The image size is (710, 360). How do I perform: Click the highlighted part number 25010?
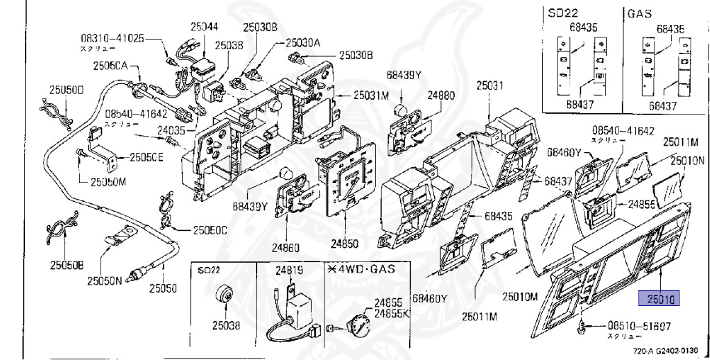click(x=659, y=299)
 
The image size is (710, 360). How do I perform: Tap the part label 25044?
click(x=205, y=27)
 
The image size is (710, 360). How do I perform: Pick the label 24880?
click(x=441, y=96)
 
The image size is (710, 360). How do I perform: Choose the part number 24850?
click(x=345, y=243)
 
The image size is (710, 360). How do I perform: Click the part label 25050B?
click(x=66, y=265)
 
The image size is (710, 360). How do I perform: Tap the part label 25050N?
click(x=104, y=281)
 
